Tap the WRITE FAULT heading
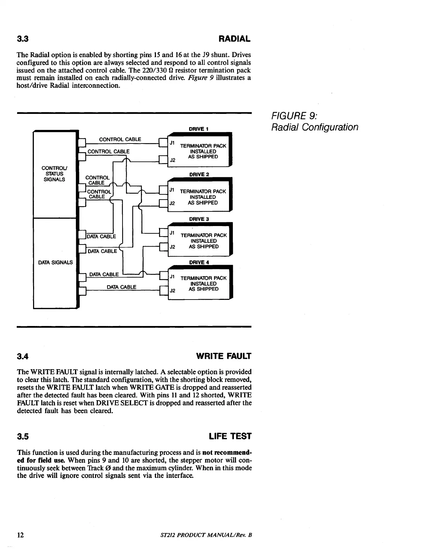(x=223, y=356)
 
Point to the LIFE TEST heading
(x=230, y=436)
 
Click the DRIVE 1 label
(x=198, y=129)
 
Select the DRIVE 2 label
(x=199, y=174)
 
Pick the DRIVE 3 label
(x=199, y=219)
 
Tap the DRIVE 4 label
(x=199, y=262)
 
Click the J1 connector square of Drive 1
(x=163, y=143)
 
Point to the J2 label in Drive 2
(x=172, y=203)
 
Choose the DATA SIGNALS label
(x=55, y=262)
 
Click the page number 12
(x=21, y=535)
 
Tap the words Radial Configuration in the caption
(x=315, y=127)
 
